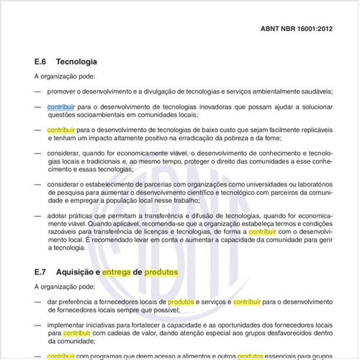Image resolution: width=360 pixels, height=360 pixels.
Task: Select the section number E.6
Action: tap(42, 62)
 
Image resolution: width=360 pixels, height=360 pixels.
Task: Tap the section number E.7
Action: tap(42, 273)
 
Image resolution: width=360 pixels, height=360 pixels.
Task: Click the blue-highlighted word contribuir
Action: tap(61, 107)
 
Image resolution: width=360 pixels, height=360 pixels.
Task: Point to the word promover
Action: tap(63, 91)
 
